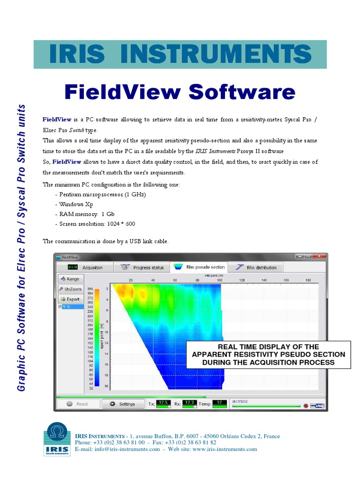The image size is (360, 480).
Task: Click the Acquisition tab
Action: click(x=86, y=268)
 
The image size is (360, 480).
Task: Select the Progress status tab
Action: click(x=142, y=268)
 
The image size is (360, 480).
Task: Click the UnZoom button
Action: click(x=70, y=289)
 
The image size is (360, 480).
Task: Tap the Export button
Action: click(x=70, y=299)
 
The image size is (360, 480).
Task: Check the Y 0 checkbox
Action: click(x=60, y=307)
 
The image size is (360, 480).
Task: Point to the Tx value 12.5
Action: click(x=163, y=402)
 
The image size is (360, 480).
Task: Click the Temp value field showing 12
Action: click(x=220, y=402)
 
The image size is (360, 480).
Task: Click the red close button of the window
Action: click(x=320, y=256)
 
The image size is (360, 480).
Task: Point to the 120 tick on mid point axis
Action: click(x=242, y=280)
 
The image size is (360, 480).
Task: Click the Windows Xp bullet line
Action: click(x=76, y=204)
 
